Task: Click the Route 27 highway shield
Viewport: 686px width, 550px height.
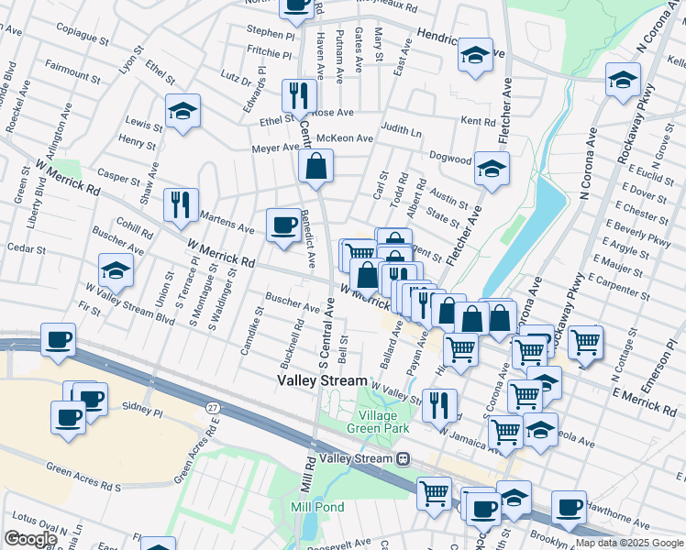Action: (213, 406)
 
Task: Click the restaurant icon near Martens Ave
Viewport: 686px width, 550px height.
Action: (181, 203)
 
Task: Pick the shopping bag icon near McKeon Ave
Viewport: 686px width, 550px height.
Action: (315, 166)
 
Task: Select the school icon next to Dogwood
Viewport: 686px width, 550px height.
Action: (492, 168)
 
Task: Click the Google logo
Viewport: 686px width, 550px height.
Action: (30, 539)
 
